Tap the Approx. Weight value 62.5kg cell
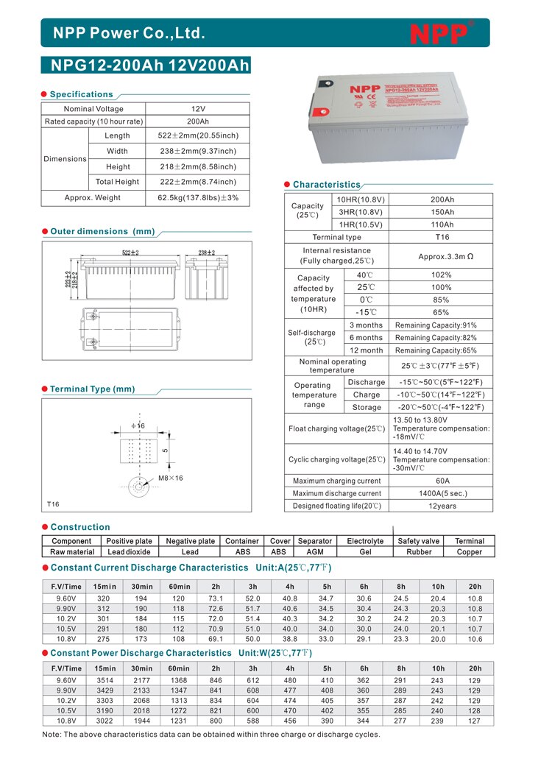coord(198,198)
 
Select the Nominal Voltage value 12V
coord(198,109)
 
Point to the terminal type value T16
coord(442,237)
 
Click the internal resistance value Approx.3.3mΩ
coord(442,255)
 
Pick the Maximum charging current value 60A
coord(442,481)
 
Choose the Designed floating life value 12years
coord(442,506)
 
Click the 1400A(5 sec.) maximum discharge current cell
coord(442,493)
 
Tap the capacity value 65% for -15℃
coord(442,312)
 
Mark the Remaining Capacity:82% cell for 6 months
coord(442,338)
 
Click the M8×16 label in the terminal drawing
coord(171,478)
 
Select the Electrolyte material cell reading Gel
coord(365,551)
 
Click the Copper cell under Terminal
coord(470,551)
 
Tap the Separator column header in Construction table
coord(315,541)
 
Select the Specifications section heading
coord(81,94)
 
